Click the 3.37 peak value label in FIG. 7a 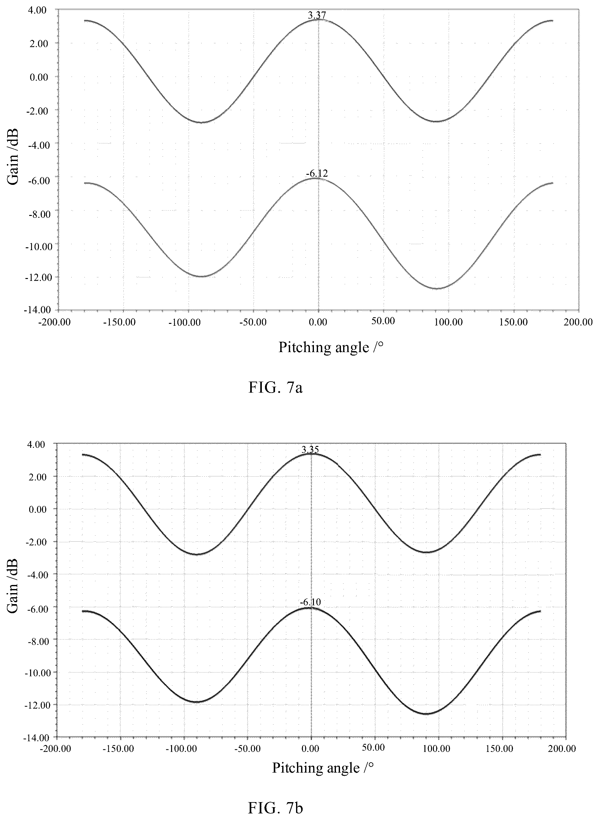[x=317, y=15]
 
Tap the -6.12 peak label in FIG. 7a [x=316, y=174]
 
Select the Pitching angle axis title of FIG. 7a [x=331, y=347]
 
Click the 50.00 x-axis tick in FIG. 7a [x=383, y=321]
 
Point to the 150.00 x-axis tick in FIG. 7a [x=513, y=322]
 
